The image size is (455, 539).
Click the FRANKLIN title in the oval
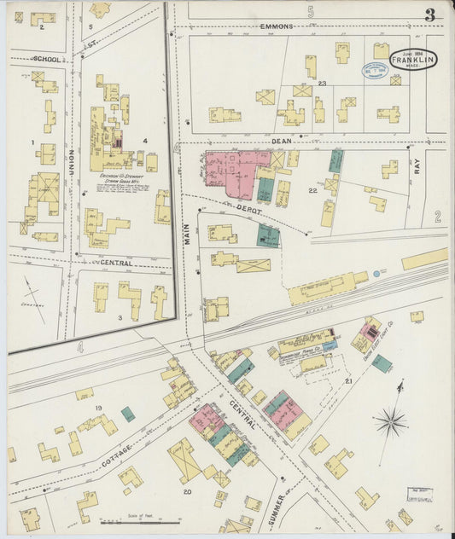414,61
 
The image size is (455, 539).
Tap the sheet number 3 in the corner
429,14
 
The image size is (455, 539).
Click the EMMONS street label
278,26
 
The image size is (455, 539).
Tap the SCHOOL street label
47,59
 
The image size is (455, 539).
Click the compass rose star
390,420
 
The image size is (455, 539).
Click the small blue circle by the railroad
376,275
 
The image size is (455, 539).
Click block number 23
323,84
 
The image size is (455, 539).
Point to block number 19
98,409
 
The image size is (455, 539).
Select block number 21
349,380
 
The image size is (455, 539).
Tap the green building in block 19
128,414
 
